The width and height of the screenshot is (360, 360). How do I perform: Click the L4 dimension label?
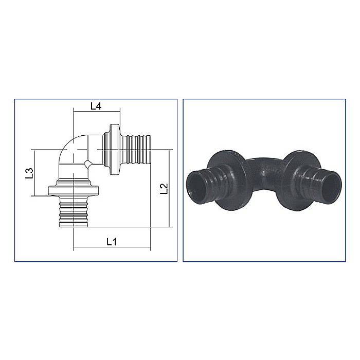click(x=96, y=106)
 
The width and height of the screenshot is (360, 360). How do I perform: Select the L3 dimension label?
click(x=30, y=173)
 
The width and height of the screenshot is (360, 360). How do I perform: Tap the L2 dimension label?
click(x=164, y=189)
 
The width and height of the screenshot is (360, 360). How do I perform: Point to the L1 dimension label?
click(x=112, y=241)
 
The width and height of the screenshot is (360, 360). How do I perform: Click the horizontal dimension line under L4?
click(x=97, y=112)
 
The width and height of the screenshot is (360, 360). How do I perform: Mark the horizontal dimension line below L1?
click(x=112, y=248)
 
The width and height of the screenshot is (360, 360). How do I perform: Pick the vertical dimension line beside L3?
click(x=34, y=173)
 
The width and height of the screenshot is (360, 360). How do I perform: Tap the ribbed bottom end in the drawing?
click(x=74, y=213)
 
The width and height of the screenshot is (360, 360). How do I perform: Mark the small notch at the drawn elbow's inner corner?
click(x=88, y=164)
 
